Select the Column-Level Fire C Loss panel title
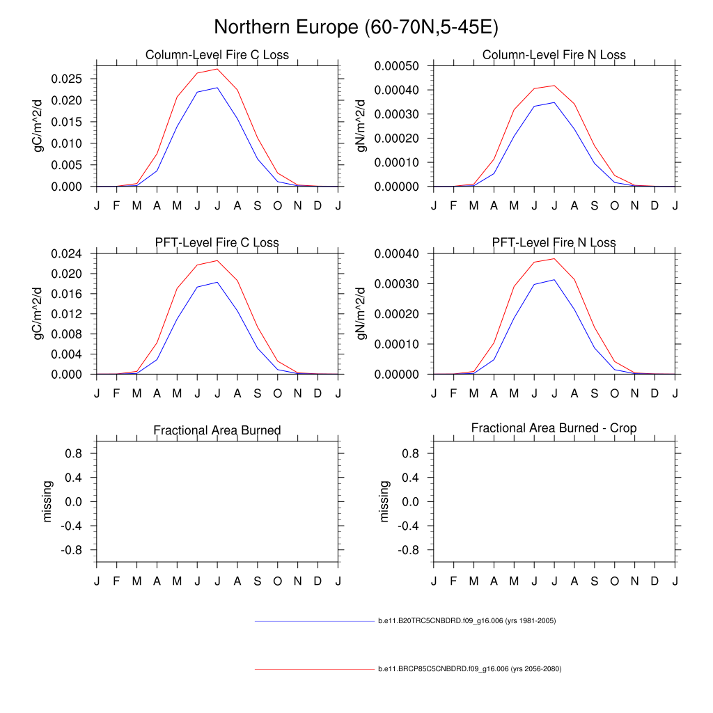coord(217,55)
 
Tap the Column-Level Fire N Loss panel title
coord(554,55)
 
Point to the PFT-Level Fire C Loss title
coord(217,243)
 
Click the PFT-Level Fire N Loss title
coord(554,243)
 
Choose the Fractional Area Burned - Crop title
coord(554,428)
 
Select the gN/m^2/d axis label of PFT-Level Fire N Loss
coord(361,313)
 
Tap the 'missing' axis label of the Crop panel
coord(384,501)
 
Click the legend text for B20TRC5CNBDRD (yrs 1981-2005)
coord(467,620)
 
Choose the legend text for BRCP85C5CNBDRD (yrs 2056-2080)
coord(469,669)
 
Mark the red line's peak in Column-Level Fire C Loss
coord(217,69)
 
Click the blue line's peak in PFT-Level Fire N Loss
coord(554,279)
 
